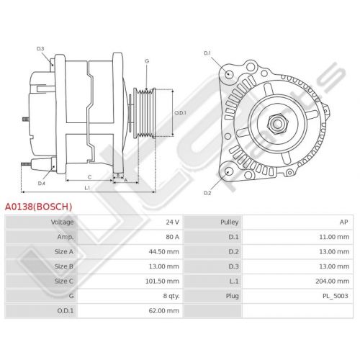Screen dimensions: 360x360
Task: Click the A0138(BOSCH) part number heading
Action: coord(38,207)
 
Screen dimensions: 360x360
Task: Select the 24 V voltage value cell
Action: coord(172,222)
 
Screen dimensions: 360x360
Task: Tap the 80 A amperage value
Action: coord(172,237)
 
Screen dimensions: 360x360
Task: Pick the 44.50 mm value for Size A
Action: coord(163,251)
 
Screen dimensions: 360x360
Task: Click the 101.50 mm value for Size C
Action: coord(162,281)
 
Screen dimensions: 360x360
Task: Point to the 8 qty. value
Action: coord(171,296)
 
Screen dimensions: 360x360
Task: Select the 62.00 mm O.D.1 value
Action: coord(163,310)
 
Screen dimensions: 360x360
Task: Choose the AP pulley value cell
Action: coord(343,222)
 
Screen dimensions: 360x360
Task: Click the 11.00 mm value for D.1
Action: coord(334,237)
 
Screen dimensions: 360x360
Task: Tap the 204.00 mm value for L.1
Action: coord(333,281)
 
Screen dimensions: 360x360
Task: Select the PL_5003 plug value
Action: coord(336,296)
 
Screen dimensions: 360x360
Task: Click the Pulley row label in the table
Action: coord(230,222)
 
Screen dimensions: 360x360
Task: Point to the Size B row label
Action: coord(64,266)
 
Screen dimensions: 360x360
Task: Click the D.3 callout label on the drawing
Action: coord(40,49)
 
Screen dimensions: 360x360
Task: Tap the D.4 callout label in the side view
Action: coord(42,184)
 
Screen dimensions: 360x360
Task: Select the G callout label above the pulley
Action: coord(147,61)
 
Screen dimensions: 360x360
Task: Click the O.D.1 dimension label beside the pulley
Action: coord(180,113)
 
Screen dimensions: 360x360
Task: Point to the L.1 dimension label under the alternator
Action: coord(87,188)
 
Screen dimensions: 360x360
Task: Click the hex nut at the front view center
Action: coord(277,124)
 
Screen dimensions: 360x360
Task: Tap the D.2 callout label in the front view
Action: coord(207,193)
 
